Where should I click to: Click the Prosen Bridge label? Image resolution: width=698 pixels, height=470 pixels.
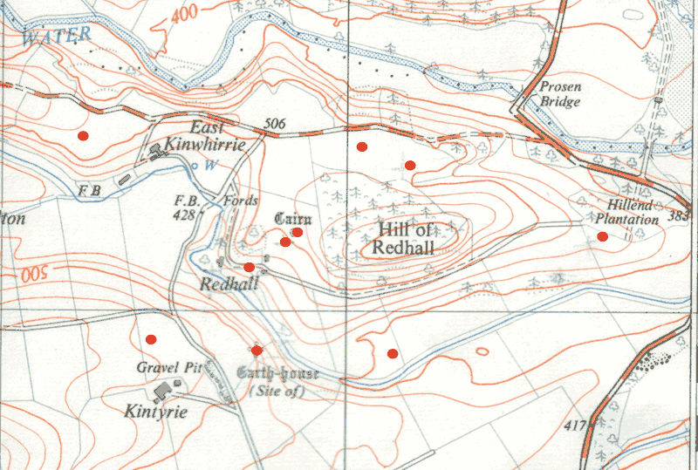click(x=559, y=94)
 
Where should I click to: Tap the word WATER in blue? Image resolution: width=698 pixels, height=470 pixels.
click(x=58, y=36)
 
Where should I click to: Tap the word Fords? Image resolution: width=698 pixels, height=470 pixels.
click(x=240, y=200)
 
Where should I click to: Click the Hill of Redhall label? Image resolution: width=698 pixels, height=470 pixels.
click(x=406, y=238)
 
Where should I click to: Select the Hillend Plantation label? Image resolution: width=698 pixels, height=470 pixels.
click(x=627, y=213)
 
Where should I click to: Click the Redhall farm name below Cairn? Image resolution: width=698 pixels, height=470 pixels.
click(x=229, y=284)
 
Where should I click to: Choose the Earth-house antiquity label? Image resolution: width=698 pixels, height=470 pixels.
click(x=277, y=374)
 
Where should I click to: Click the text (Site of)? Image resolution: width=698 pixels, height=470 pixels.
click(x=277, y=392)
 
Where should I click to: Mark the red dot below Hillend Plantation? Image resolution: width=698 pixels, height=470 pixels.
click(x=602, y=236)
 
